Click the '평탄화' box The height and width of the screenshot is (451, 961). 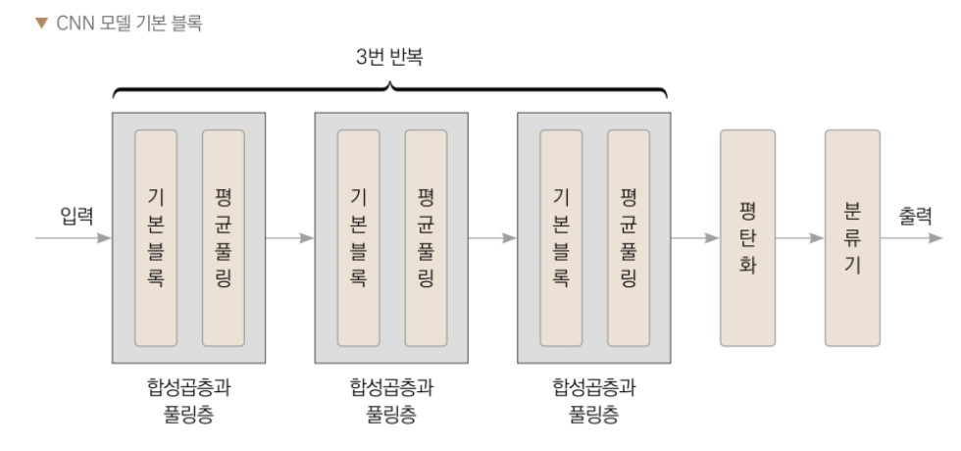[x=747, y=238]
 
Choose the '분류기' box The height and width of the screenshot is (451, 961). [x=852, y=238]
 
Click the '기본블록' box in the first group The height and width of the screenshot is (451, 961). [x=156, y=238]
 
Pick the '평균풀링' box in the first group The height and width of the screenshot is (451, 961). [x=223, y=238]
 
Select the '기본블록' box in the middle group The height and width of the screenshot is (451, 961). [x=358, y=238]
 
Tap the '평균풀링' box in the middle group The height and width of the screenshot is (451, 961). [x=425, y=238]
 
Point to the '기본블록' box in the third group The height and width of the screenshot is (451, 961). [x=561, y=238]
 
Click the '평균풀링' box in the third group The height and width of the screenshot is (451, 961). [x=628, y=238]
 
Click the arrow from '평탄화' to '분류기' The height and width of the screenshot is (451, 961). [x=799, y=238]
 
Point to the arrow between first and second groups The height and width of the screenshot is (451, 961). [x=289, y=238]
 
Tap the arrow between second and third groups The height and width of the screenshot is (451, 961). [x=492, y=238]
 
